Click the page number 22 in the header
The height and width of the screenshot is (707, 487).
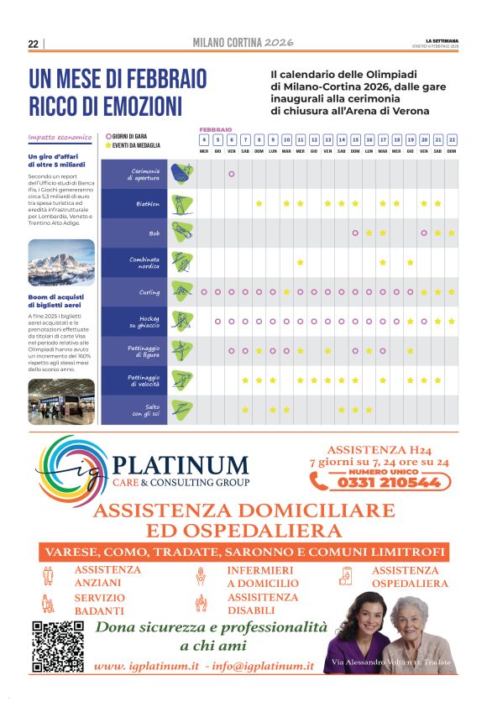coord(33,44)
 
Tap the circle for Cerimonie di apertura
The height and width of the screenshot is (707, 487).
coord(231,174)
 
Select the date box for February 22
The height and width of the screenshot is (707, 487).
coord(452,139)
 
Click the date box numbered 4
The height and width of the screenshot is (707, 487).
coord(204,139)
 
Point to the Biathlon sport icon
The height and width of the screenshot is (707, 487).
coord(181,203)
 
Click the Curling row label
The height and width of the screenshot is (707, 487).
coord(149,292)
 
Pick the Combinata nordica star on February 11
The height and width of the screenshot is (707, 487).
coord(300,262)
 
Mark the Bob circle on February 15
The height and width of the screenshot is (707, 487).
coord(355,233)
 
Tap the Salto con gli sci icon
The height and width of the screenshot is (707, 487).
coord(181,409)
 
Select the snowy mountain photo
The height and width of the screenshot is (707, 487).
coord(61,263)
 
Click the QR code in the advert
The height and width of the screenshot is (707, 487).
coord(57,646)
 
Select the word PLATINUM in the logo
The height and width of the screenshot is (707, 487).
coord(181,465)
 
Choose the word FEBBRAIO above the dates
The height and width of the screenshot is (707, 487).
coord(216,129)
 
